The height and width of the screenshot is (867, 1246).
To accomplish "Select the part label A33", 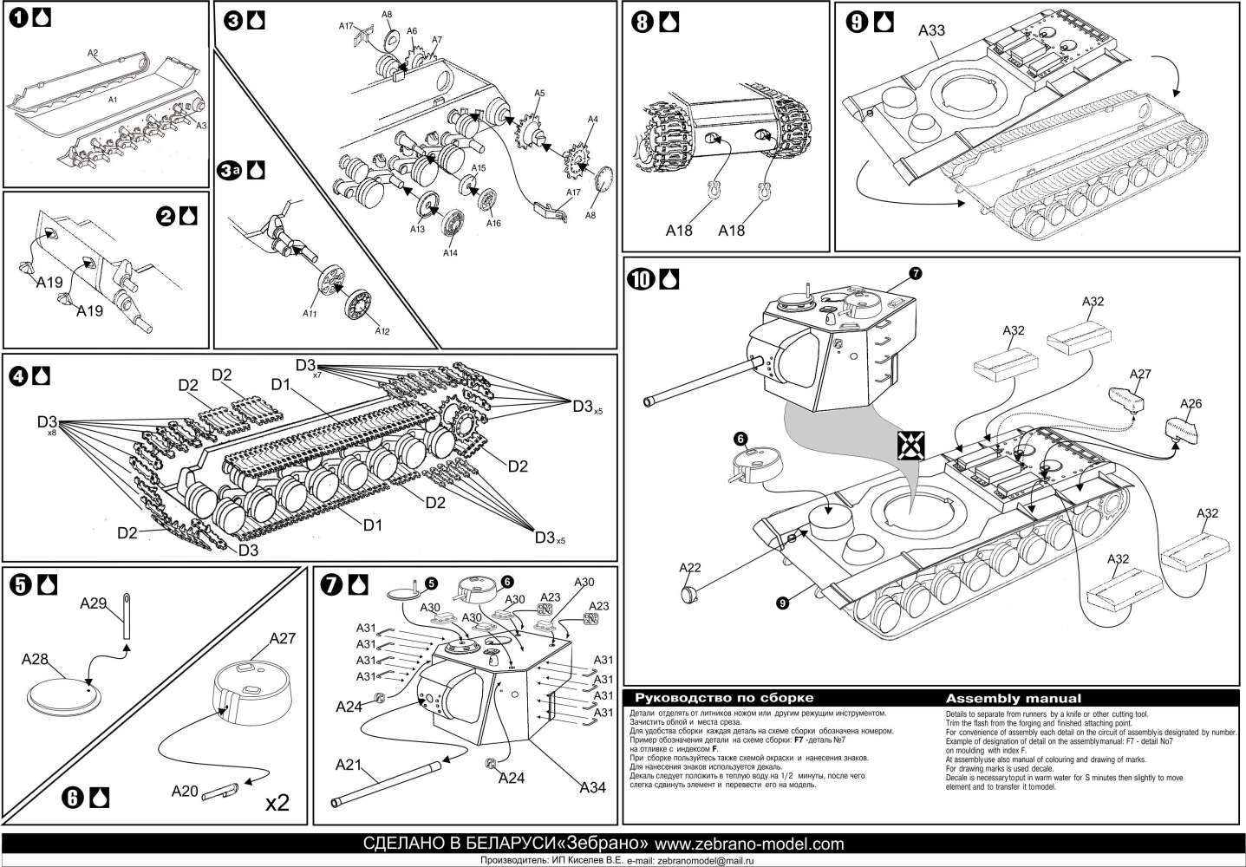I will (931, 31).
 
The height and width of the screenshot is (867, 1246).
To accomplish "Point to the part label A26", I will (1192, 404).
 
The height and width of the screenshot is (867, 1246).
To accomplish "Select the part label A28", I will (35, 660).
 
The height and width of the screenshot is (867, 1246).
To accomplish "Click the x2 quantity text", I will (277, 803).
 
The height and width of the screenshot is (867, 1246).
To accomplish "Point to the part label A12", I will (382, 330).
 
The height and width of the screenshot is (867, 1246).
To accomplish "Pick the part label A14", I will (450, 253).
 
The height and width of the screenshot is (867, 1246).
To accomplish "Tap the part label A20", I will (185, 791).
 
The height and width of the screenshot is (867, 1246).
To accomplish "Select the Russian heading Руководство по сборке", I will (724, 698).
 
